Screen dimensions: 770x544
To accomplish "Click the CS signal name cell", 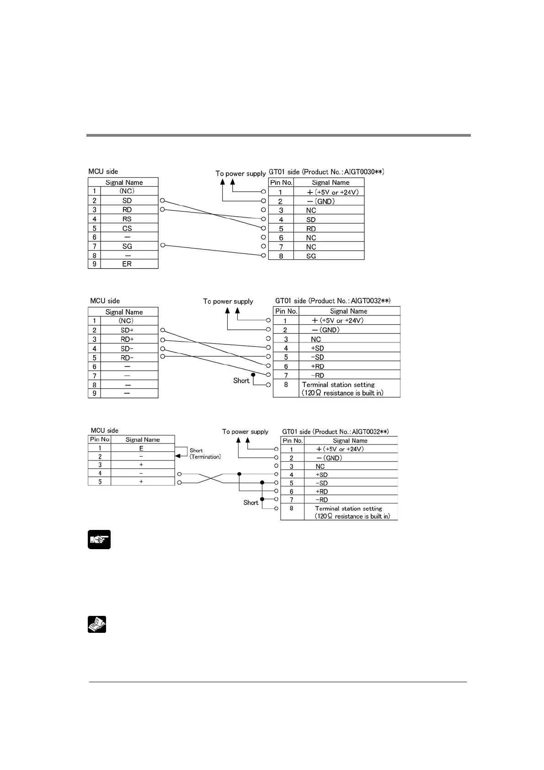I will point(127,228).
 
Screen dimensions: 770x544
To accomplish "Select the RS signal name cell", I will point(127,219).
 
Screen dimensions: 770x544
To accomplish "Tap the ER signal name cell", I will point(127,264).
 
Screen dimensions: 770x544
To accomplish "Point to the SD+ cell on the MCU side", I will point(127,330).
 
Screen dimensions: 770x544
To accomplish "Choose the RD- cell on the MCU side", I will point(127,358).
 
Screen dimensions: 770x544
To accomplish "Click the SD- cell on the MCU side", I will point(127,348).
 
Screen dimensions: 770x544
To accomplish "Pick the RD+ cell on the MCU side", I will point(127,339).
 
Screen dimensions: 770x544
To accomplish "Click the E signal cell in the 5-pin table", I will point(141,449).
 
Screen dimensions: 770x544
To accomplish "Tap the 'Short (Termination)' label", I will point(204,454).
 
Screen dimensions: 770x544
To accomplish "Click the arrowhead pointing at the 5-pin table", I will point(178,456).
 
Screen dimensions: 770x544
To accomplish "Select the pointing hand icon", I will point(99,540).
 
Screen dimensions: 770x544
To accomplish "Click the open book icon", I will point(97,624).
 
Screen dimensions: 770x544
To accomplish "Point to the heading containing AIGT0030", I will point(326,172).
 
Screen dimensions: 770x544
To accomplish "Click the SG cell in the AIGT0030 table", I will point(311,256).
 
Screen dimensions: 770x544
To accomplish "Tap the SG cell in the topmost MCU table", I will point(127,246).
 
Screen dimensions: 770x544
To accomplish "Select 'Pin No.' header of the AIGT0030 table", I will point(281,182).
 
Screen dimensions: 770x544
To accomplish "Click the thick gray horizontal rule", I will point(278,135).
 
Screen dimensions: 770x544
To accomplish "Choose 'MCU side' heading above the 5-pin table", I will point(104,430).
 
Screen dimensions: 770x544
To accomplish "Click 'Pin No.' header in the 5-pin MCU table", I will point(100,439).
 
